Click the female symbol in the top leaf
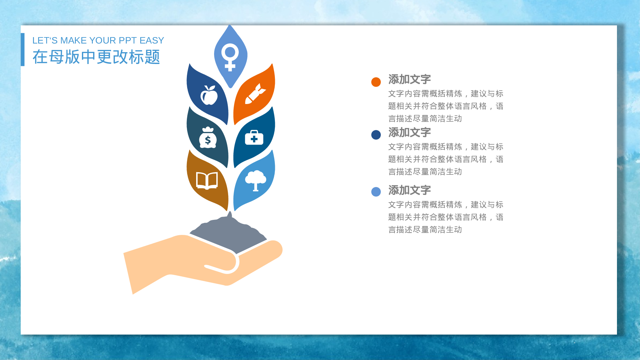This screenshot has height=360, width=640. coord(230,56)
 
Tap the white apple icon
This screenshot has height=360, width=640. coord(209,95)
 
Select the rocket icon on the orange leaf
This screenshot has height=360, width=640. coord(255,94)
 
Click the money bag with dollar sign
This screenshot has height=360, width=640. coord(208,138)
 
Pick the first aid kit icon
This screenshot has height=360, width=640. coord(254,138)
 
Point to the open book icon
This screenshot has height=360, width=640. coord(207,180)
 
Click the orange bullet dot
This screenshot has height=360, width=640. coord(376,82)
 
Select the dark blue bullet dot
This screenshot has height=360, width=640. coord(376,135)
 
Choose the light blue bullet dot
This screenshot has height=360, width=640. coord(376,192)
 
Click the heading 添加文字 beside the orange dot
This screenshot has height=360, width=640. coord(410,79)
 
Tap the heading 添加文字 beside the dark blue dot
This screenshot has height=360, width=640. coord(410,132)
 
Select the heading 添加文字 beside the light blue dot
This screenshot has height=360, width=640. coord(410,190)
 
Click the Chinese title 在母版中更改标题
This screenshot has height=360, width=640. coord(96,57)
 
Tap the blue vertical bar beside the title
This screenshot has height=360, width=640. coord(23,50)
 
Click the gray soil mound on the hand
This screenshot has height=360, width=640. coord(229,234)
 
